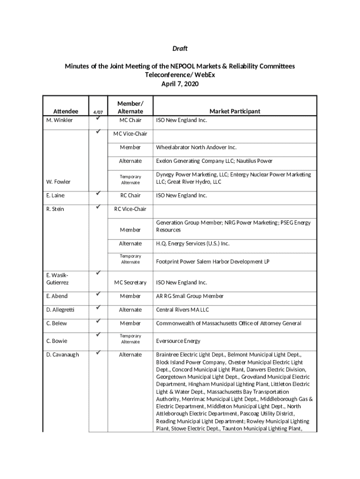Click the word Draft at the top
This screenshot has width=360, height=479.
(x=180, y=49)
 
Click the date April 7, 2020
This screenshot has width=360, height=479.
(x=180, y=84)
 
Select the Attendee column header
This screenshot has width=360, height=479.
(x=65, y=111)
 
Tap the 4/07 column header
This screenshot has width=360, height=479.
(x=98, y=112)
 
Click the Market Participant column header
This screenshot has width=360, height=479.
(x=235, y=111)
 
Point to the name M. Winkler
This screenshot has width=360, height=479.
(x=59, y=120)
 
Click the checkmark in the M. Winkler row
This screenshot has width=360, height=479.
(x=98, y=119)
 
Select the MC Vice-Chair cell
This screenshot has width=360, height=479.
(x=130, y=134)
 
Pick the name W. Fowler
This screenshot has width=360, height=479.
(x=58, y=181)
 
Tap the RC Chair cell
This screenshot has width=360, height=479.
(x=130, y=196)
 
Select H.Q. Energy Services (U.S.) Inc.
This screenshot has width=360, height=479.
(x=193, y=243)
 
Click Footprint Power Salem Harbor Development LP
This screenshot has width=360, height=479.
(x=213, y=261)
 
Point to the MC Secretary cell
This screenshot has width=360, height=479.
(x=130, y=283)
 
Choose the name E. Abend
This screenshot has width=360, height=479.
(x=57, y=296)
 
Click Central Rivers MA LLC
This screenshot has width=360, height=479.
(x=182, y=310)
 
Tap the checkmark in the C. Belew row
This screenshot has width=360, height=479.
(x=98, y=321)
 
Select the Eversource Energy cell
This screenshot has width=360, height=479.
(x=178, y=341)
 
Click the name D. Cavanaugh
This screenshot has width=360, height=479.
(x=62, y=355)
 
